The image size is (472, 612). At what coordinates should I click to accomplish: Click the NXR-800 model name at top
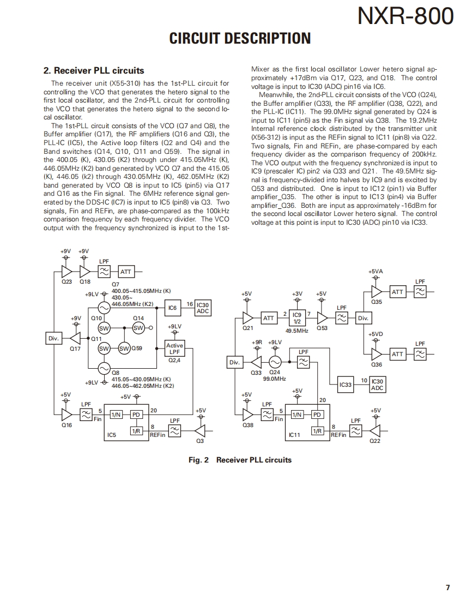[406, 17]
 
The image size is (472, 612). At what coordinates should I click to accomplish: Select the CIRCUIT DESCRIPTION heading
[240, 38]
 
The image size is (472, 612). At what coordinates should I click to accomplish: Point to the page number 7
[447, 587]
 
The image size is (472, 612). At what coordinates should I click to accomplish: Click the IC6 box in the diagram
[172, 308]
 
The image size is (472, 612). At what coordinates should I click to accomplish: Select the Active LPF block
[174, 349]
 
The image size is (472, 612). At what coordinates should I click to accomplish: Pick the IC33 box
[346, 385]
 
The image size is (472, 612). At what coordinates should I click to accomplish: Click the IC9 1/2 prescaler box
[297, 318]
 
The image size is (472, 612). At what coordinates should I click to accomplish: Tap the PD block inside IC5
[136, 415]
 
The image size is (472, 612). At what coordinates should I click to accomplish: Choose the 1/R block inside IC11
[317, 430]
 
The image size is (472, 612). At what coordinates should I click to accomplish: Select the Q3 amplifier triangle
[199, 431]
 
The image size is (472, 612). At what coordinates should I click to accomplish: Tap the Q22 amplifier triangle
[375, 431]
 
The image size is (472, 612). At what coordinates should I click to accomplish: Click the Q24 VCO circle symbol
[275, 362]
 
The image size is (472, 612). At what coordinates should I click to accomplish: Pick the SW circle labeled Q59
[124, 348]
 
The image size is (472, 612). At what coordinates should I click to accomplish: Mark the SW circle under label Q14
[138, 328]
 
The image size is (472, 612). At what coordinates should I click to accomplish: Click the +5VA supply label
[376, 271]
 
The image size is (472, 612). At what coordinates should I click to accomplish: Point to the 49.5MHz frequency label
[297, 331]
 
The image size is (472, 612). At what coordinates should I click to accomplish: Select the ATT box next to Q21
[269, 318]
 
